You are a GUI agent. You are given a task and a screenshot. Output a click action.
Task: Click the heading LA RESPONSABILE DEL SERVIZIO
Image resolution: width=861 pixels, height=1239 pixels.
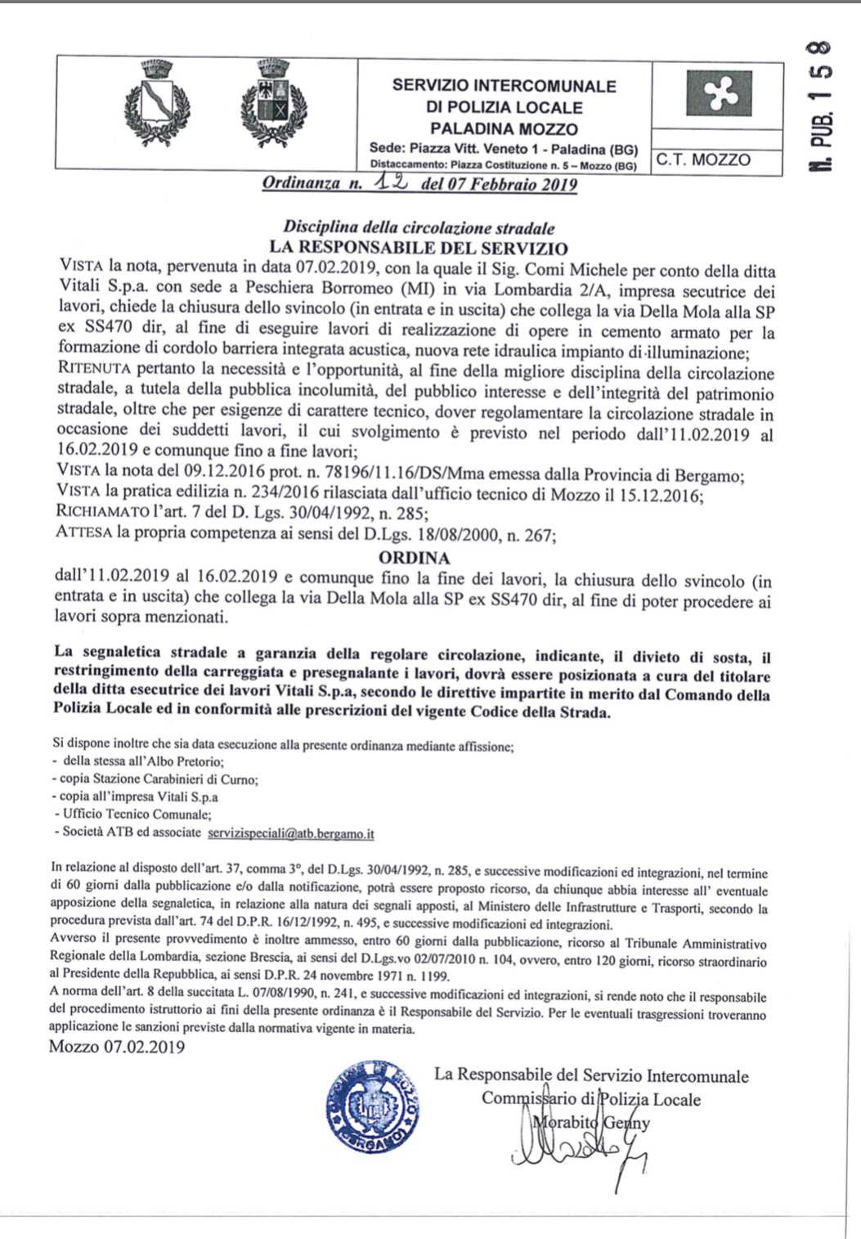pos(419,248)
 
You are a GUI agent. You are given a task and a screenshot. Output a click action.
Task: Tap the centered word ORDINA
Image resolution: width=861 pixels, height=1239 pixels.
pos(415,559)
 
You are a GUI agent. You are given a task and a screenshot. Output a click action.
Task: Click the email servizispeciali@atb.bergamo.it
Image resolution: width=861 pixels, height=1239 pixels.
pos(291,833)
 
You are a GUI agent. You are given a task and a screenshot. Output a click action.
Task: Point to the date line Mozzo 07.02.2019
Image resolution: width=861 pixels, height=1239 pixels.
pos(117,1047)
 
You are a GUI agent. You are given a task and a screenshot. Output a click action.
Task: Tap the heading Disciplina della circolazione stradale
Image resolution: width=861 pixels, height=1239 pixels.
pos(419,228)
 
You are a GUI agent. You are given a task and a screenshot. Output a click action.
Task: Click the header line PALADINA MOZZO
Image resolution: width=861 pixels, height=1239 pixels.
pos(504,128)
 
